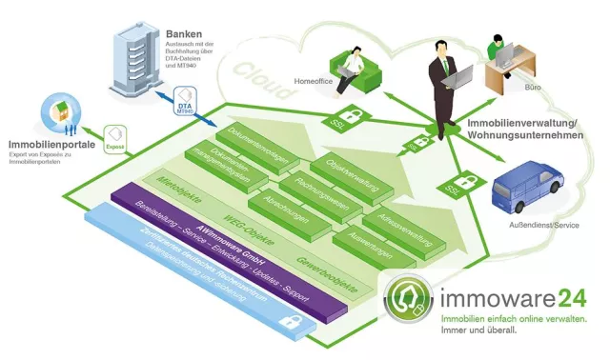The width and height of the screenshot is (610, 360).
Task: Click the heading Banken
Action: (x=184, y=32)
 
